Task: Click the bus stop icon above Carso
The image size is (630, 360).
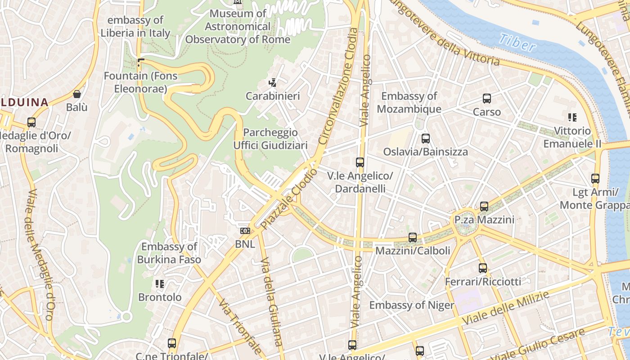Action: coord(486,98)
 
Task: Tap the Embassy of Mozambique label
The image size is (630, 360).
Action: coord(409,103)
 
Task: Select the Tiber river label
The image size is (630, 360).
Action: coord(517,42)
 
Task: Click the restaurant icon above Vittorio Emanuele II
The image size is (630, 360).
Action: coord(572,117)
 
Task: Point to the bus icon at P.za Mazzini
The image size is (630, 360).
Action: coord(484,206)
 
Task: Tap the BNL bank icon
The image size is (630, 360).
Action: coord(245,231)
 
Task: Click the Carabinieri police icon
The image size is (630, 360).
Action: coord(272,83)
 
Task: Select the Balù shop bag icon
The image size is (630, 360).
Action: coord(76,94)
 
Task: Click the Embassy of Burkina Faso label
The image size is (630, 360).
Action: coord(169,253)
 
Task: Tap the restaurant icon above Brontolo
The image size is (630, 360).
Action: coord(159,283)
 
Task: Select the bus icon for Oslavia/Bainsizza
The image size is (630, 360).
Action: coord(425,139)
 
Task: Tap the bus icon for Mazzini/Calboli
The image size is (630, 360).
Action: coord(413,237)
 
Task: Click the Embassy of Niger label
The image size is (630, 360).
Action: coord(412,305)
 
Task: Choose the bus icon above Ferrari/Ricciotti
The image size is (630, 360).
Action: coord(483,268)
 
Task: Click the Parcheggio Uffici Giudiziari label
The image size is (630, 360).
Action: coord(270,139)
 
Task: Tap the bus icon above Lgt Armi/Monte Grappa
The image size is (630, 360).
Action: coord(595,178)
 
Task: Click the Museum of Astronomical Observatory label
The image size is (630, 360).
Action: coord(238,26)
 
